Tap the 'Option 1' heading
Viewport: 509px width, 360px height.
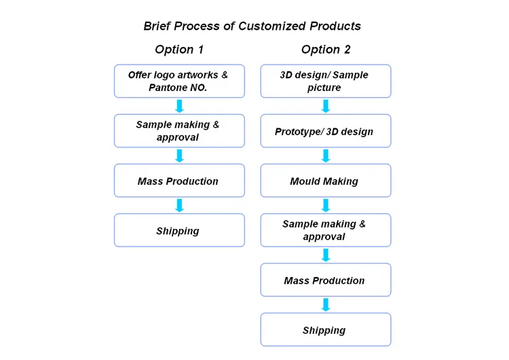(179, 50)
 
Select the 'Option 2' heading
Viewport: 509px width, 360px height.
(326, 50)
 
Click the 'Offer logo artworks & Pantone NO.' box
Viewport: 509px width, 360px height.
(180, 82)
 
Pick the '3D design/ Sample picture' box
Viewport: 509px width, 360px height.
(326, 82)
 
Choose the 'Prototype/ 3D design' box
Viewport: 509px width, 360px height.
(326, 131)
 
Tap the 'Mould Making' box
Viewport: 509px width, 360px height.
(326, 181)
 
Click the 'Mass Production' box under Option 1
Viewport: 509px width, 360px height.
(180, 181)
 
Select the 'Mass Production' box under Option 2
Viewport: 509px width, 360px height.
(326, 280)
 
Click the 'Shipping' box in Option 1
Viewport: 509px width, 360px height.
(180, 230)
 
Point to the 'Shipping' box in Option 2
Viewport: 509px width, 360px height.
(326, 330)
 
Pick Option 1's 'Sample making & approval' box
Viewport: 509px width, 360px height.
(180, 131)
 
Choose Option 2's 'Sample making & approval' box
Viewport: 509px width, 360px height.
(326, 230)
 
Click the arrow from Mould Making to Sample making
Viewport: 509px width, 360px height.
(326, 205)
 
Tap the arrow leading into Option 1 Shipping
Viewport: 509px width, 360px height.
(180, 205)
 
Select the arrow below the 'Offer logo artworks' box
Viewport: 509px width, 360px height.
(180, 106)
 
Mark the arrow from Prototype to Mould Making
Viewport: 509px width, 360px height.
(326, 156)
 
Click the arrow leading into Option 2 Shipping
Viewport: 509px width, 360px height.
(326, 305)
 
